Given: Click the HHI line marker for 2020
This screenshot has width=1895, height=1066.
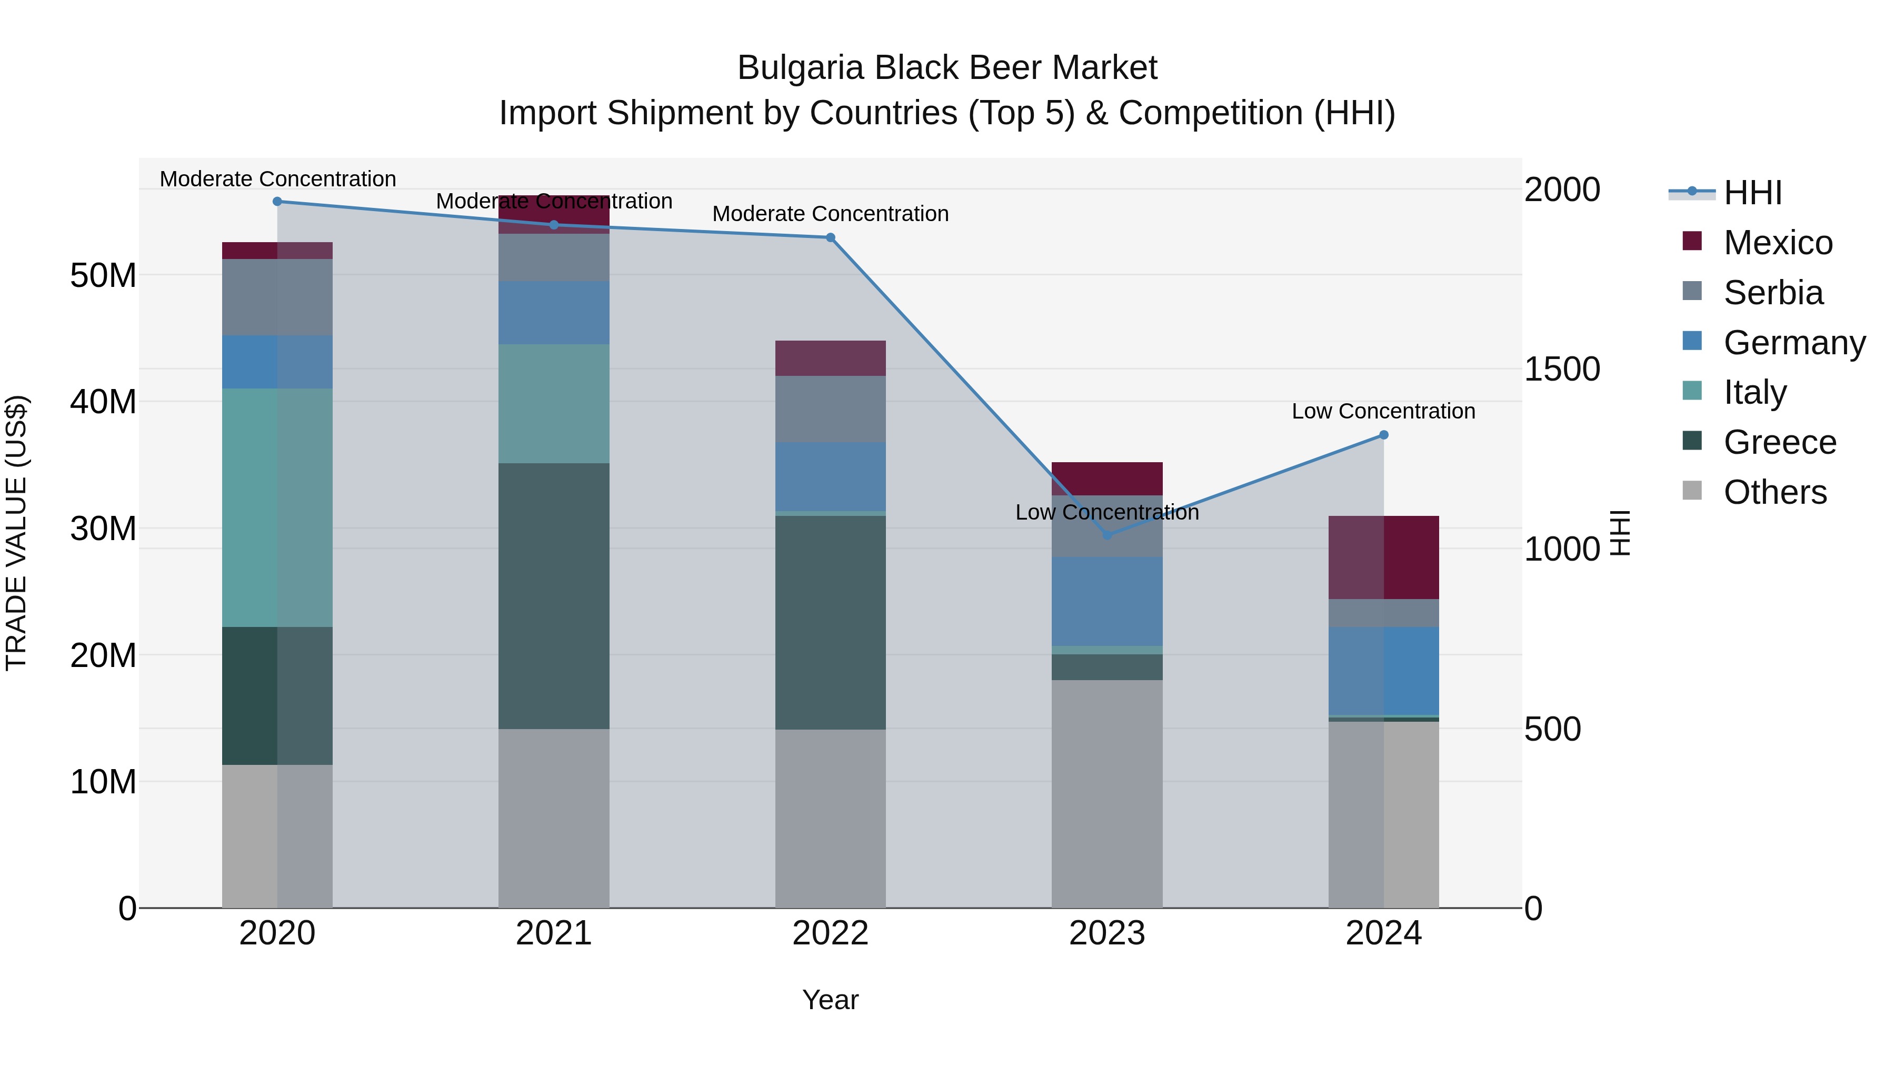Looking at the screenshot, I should [277, 202].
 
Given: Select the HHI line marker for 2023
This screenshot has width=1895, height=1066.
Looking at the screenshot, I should [1107, 535].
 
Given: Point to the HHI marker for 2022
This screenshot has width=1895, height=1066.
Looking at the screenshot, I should [831, 237].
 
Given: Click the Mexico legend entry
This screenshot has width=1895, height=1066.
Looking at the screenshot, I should [1777, 243].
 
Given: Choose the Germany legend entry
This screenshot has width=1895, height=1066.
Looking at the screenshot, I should [1793, 343].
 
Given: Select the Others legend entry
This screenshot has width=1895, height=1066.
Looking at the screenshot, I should [1774, 492].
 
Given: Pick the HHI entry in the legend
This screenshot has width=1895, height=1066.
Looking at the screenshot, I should [1752, 193].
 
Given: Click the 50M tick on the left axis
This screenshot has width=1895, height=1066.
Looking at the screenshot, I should [103, 276].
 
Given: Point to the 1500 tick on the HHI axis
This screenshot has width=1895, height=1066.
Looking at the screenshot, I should [1561, 370].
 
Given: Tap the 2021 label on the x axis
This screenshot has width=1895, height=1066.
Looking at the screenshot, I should [553, 933].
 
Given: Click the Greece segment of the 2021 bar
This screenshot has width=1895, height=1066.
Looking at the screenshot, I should [553, 596].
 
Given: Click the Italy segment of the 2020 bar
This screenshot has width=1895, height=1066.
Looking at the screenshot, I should [277, 507].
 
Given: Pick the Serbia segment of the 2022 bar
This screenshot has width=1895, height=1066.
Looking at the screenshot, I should [831, 409].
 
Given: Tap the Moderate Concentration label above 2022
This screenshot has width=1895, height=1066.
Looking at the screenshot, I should [831, 214].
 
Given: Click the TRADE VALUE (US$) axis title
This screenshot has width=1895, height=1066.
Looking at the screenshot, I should [17, 533].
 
